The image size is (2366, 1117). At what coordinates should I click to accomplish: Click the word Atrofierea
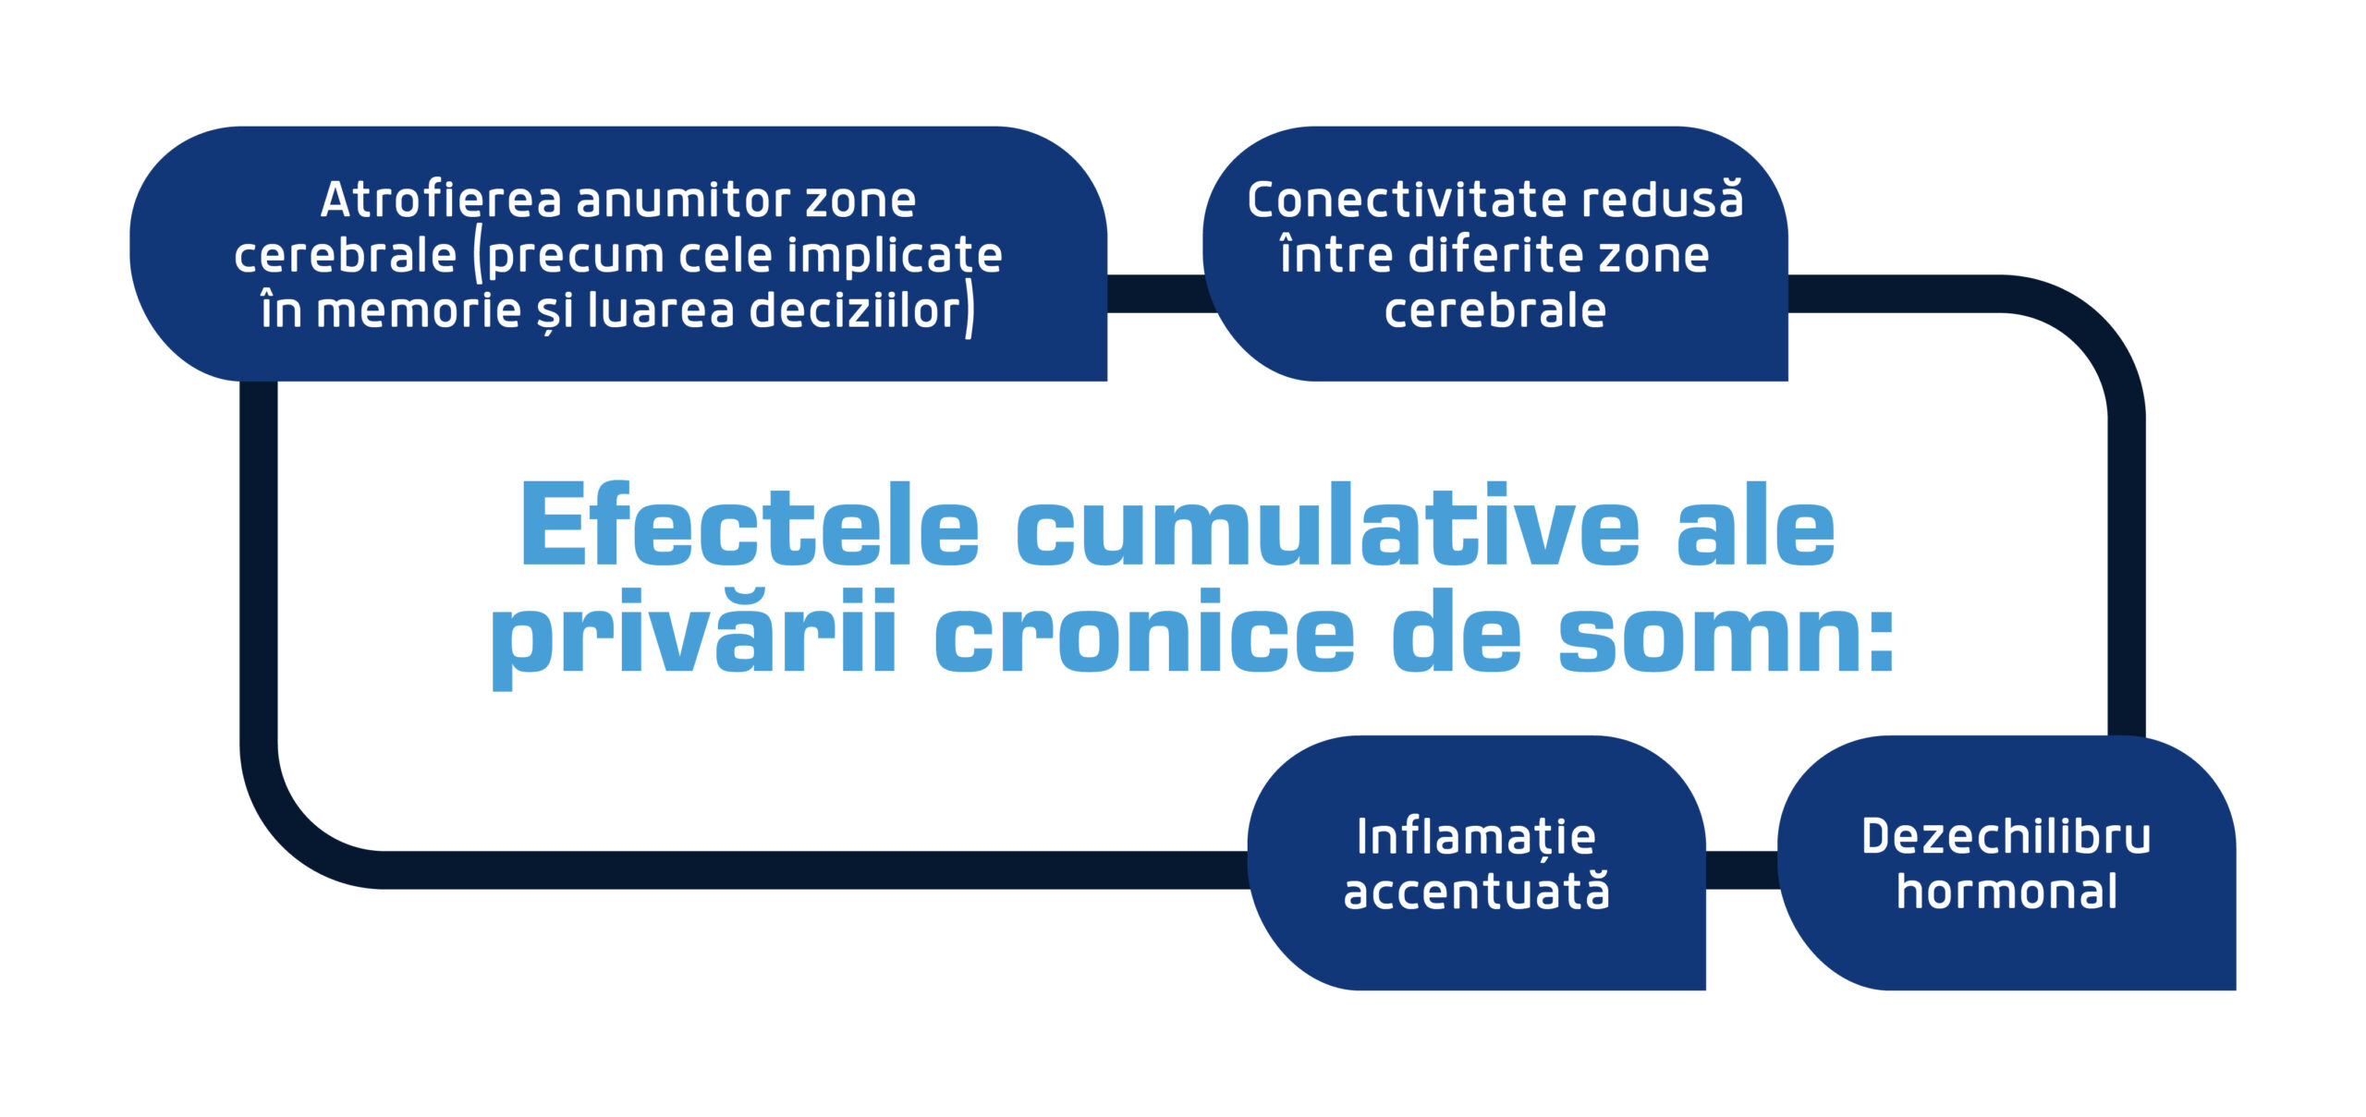tap(441, 200)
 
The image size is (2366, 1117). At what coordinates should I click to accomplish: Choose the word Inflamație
tap(1476, 837)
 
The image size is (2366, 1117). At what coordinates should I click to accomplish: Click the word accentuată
tap(1476, 892)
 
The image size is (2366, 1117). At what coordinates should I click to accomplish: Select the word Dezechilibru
tap(2006, 837)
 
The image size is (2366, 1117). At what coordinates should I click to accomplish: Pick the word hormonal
tap(2006, 892)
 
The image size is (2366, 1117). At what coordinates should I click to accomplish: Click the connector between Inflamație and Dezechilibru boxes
tap(1741, 869)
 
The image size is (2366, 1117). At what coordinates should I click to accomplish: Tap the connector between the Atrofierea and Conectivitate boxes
tap(1155, 293)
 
